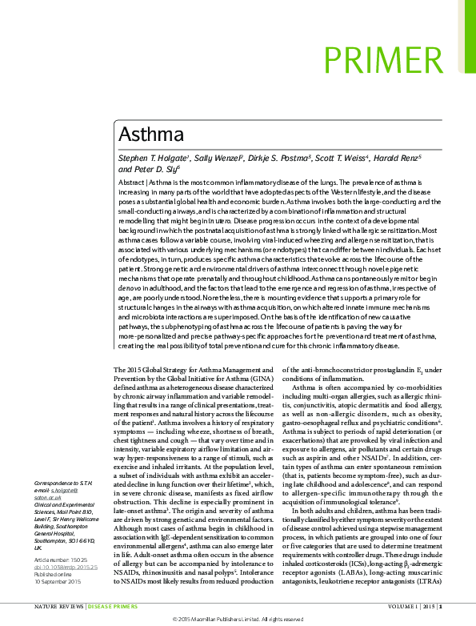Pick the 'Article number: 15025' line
click(58, 560)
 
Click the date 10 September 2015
click(58, 582)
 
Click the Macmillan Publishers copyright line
click(238, 620)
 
